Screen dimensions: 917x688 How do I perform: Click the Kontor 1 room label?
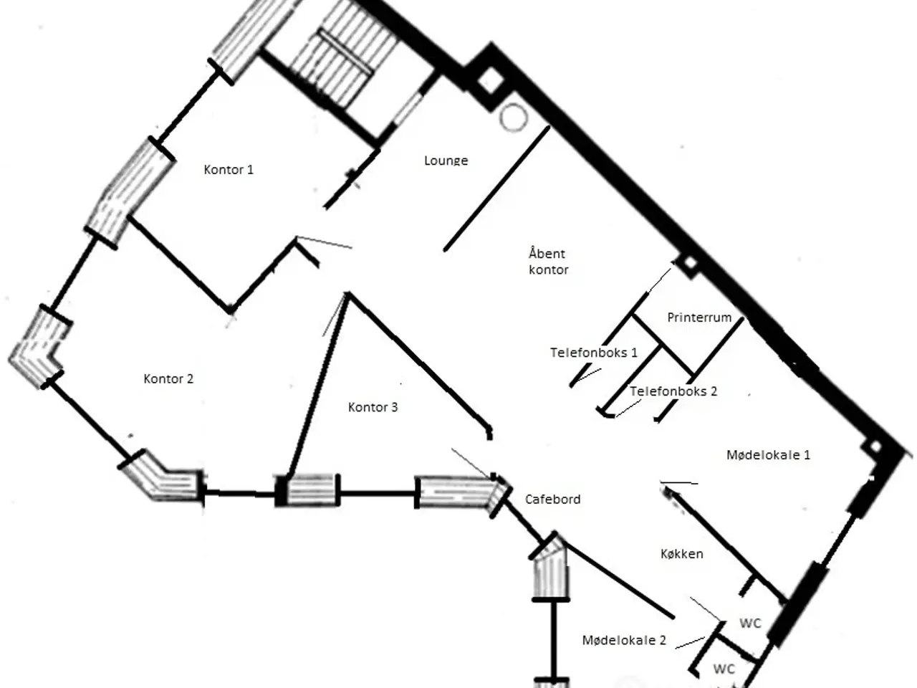pos(229,170)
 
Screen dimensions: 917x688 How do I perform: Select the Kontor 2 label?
pos(168,379)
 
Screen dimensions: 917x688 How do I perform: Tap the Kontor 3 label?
pos(373,407)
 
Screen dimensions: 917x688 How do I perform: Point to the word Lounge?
pos(446,161)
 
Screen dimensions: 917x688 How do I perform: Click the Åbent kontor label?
pos(549,262)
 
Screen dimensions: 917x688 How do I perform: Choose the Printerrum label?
pos(699,317)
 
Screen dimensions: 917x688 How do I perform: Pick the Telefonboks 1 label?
pos(594,353)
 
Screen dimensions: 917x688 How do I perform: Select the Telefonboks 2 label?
pos(673,391)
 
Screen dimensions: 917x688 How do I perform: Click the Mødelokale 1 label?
pos(768,455)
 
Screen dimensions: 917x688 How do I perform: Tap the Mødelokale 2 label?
pos(624,641)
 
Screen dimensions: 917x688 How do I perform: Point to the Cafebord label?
pos(552,500)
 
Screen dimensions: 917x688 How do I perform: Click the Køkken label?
pos(682,554)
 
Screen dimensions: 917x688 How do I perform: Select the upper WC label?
pos(750,623)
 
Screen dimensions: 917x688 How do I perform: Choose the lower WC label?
pos(724,669)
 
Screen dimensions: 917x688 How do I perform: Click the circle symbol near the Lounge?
pos(514,118)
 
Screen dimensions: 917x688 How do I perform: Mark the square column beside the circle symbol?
pos(491,80)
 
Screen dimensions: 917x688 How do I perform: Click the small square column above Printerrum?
pos(690,264)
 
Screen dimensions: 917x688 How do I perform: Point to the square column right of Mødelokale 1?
pos(875,448)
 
